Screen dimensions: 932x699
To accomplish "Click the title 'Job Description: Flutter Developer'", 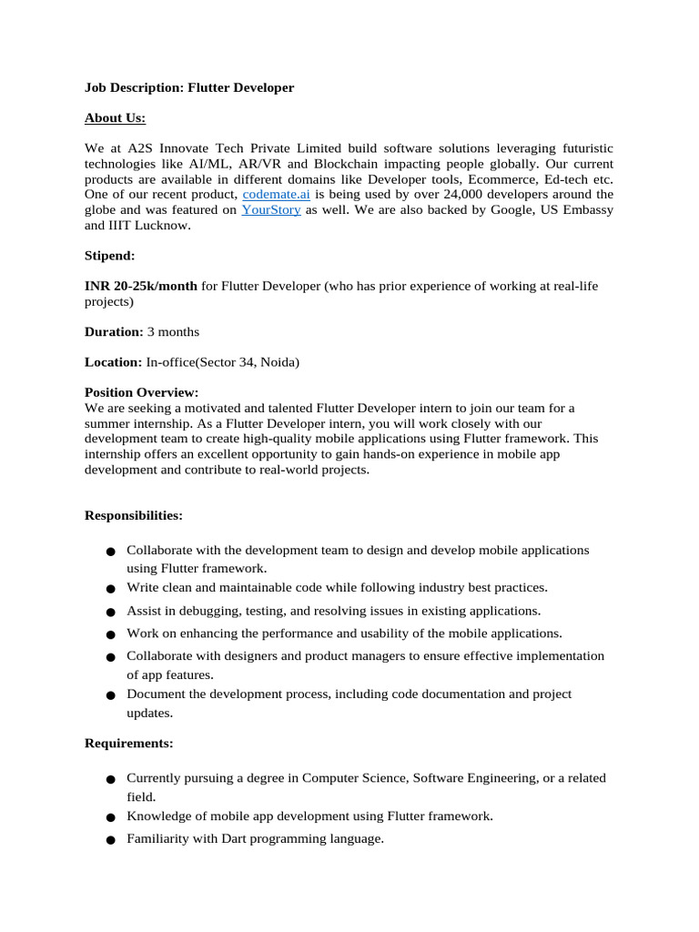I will [x=189, y=87].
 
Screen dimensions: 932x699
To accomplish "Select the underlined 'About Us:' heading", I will [x=115, y=117].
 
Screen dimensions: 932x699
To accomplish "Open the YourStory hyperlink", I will [x=271, y=210].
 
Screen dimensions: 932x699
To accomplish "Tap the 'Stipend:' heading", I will [x=110, y=256].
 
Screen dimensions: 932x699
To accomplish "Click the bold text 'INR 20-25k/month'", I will [x=141, y=286].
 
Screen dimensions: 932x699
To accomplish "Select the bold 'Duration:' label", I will [x=114, y=331].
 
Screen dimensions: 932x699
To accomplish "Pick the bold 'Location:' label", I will [x=114, y=361].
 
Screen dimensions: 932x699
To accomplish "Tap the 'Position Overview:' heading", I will [x=141, y=392].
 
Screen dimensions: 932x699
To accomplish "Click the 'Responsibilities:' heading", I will [x=133, y=515].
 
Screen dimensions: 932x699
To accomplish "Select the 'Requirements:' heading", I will [x=128, y=743].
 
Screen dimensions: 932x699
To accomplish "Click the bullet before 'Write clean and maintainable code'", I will [x=109, y=589].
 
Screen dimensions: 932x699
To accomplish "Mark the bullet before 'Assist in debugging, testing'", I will [x=109, y=612].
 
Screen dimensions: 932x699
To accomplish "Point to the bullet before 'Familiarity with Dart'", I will [x=109, y=840].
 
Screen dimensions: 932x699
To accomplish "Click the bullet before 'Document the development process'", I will [x=109, y=695].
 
